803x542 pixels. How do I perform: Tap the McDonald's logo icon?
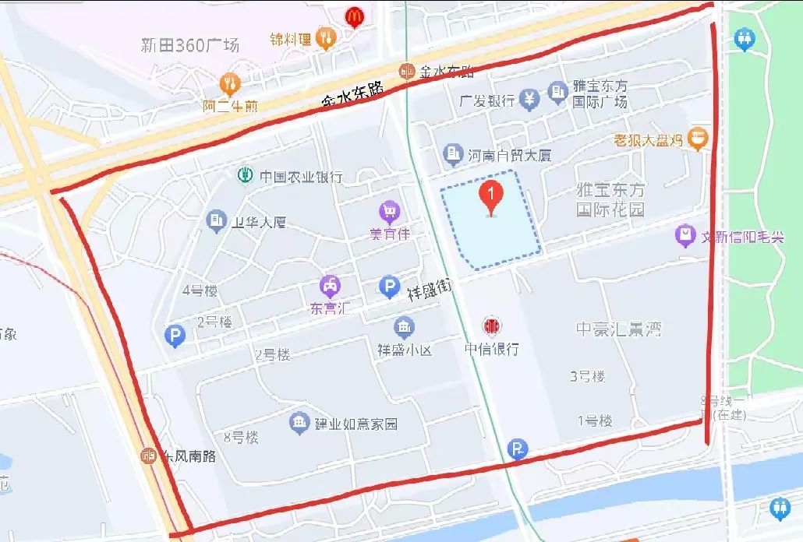point(354,16)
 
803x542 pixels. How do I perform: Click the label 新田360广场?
point(190,45)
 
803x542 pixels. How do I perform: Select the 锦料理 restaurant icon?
point(326,36)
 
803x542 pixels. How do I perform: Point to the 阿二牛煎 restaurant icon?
point(229,82)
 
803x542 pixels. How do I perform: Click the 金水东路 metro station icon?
point(405,71)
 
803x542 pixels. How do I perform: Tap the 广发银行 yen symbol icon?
point(530,99)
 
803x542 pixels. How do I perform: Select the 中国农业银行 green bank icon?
point(246,176)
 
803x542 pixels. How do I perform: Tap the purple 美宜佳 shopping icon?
point(389,211)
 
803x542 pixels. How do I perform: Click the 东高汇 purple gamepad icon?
point(331,287)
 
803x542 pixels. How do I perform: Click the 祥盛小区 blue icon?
point(404,327)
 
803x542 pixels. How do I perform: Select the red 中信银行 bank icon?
point(491,326)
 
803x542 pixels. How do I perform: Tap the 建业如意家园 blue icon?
point(299,423)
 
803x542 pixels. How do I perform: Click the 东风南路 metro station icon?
point(148,456)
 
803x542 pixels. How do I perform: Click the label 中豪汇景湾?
point(618,329)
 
